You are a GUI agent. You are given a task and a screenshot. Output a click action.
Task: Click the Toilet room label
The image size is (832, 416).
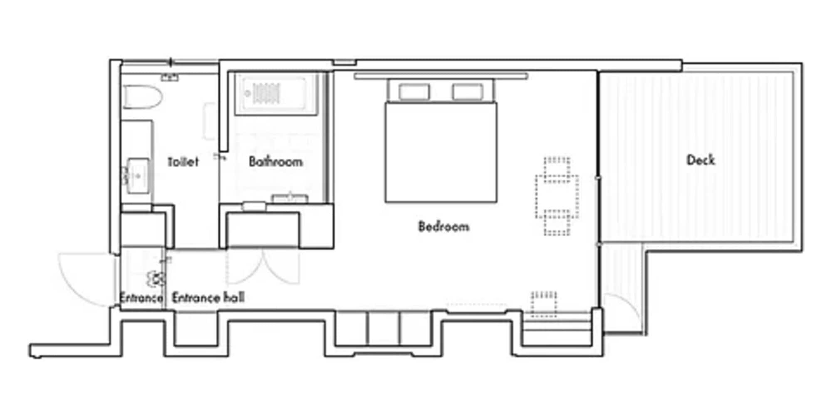click(183, 162)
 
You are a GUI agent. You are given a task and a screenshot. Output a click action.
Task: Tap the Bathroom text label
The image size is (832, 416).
click(275, 162)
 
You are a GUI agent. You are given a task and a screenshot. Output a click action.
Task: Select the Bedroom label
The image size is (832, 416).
click(443, 227)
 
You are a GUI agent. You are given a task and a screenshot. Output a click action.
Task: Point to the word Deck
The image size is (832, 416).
click(701, 160)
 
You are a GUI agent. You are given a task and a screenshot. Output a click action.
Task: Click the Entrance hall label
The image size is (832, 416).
click(208, 298)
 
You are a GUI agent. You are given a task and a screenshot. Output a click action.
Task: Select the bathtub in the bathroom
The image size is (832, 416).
click(276, 94)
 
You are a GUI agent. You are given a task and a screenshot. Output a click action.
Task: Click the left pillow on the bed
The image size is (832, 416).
click(414, 92)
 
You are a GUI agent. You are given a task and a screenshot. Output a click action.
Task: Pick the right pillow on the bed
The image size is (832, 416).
click(468, 92)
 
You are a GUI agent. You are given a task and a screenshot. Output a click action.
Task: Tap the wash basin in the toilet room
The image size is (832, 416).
click(137, 176)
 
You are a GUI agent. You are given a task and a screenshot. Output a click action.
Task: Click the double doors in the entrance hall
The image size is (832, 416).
click(263, 266)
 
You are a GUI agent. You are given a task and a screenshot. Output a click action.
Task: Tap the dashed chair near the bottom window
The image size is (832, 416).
click(544, 304)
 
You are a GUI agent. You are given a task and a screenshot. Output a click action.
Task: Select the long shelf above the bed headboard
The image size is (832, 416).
click(441, 76)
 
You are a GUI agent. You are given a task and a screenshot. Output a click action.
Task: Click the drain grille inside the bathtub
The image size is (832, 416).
click(266, 94)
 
